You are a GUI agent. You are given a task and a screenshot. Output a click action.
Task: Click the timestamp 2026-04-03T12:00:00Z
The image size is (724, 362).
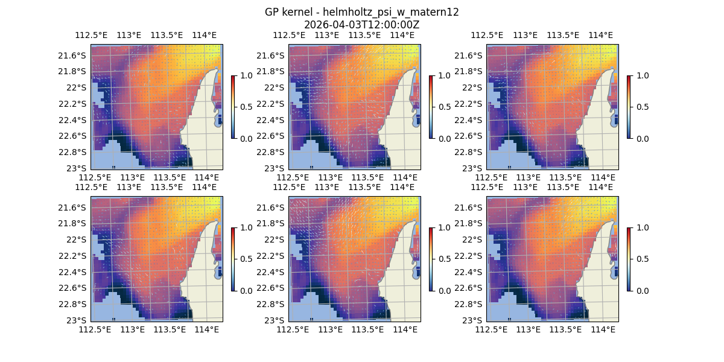361,25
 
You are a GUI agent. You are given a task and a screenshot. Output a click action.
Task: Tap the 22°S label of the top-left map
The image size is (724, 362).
77,87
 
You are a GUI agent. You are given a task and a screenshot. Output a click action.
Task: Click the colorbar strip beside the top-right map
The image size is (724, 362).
629,107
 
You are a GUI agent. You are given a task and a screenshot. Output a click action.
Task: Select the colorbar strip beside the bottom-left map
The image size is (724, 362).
233,259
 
